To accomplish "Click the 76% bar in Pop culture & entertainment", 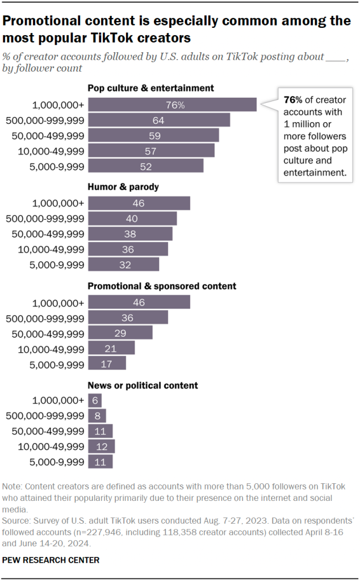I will (x=172, y=105).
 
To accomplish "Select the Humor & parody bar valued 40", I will (x=132, y=219).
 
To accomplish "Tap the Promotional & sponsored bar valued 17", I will (x=107, y=363).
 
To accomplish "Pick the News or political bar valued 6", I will (x=94, y=400).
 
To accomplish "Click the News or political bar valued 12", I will (x=101, y=446).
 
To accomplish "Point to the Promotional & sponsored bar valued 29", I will (x=120, y=332).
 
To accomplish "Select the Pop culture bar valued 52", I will (x=145, y=166).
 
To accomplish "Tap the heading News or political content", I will (x=143, y=385).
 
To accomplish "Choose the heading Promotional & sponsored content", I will (x=162, y=286).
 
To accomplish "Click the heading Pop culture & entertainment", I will (x=150, y=88).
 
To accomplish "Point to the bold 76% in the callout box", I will (x=294, y=100).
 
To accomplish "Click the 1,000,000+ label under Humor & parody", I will (x=58, y=203).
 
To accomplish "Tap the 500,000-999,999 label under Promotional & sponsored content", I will (x=45, y=317).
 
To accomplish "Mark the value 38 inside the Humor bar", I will (x=131, y=234).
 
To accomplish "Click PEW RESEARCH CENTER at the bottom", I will (x=51, y=560).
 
